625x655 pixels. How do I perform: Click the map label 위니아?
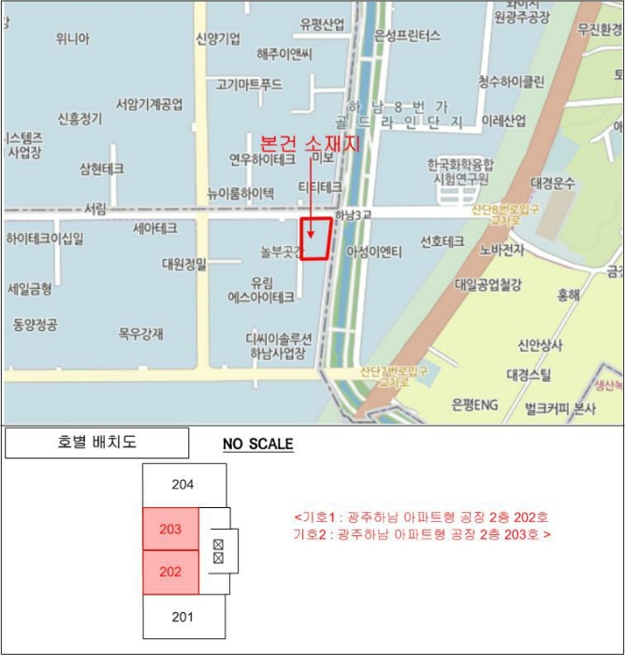click(x=72, y=38)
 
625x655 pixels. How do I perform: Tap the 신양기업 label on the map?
click(x=217, y=38)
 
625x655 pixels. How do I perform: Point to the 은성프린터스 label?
click(x=407, y=36)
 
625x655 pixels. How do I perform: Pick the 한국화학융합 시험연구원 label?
click(x=459, y=173)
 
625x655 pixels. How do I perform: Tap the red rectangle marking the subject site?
click(x=315, y=239)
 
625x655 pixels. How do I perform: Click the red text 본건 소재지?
click(x=309, y=141)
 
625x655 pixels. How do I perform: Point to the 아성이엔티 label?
click(x=374, y=251)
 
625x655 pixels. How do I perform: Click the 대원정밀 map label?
click(x=184, y=263)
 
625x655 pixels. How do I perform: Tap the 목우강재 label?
click(x=140, y=333)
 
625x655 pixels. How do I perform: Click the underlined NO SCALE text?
click(x=257, y=444)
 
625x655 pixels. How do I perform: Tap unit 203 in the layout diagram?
click(x=170, y=530)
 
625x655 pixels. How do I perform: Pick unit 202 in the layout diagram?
click(x=170, y=573)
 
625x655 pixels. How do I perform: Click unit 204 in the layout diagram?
click(x=183, y=485)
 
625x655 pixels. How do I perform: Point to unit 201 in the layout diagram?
click(x=183, y=616)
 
